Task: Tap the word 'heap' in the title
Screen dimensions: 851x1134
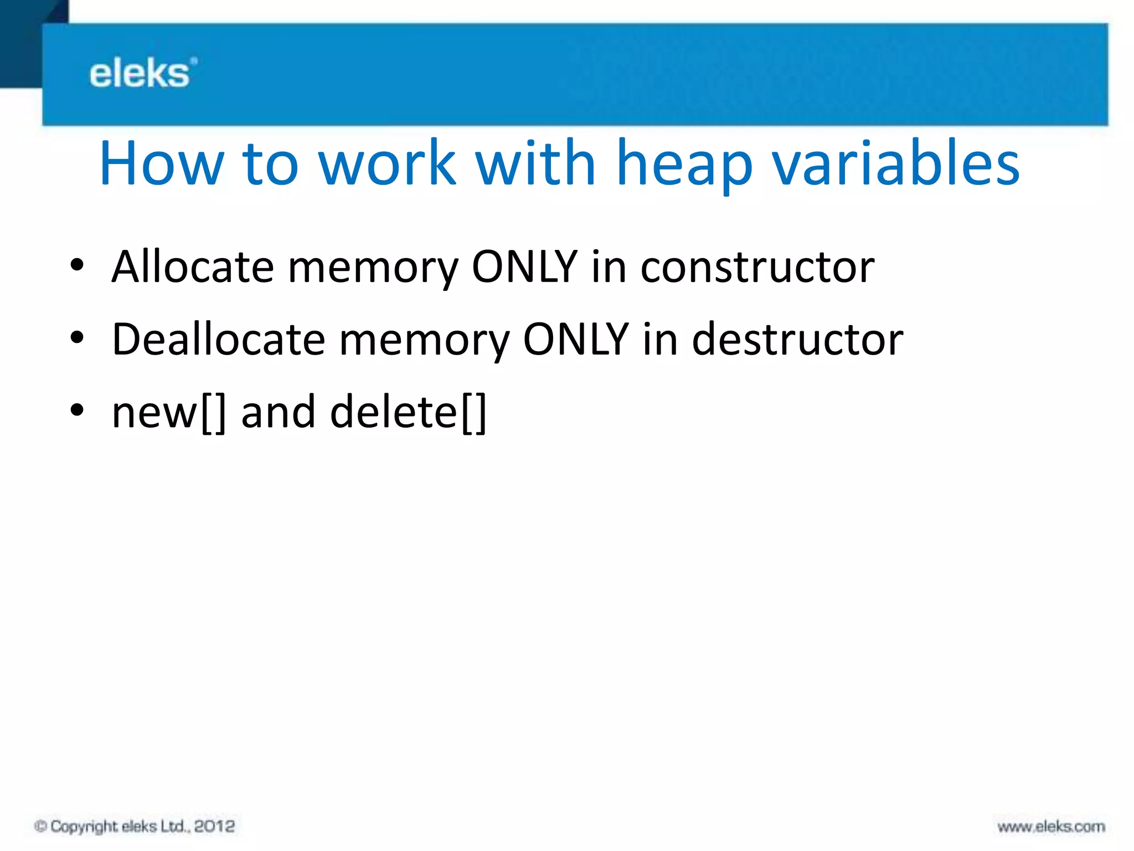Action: [x=684, y=165]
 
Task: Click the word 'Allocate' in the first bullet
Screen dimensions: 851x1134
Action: [x=193, y=267]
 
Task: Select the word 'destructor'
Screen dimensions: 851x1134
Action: [x=797, y=339]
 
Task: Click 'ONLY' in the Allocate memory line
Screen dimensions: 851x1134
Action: [x=524, y=267]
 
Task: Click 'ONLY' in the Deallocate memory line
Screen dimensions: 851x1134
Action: [x=576, y=339]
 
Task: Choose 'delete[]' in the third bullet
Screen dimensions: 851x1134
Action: [x=408, y=413]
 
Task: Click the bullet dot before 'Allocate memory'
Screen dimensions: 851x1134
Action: [x=77, y=265]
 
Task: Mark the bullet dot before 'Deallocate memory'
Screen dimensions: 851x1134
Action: [x=77, y=337]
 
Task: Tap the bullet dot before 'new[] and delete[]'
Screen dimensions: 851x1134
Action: [x=77, y=410]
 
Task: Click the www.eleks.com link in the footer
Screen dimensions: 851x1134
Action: [x=1051, y=827]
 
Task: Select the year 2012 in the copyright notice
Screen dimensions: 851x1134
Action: [x=214, y=827]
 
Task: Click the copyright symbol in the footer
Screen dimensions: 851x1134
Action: [x=40, y=827]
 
